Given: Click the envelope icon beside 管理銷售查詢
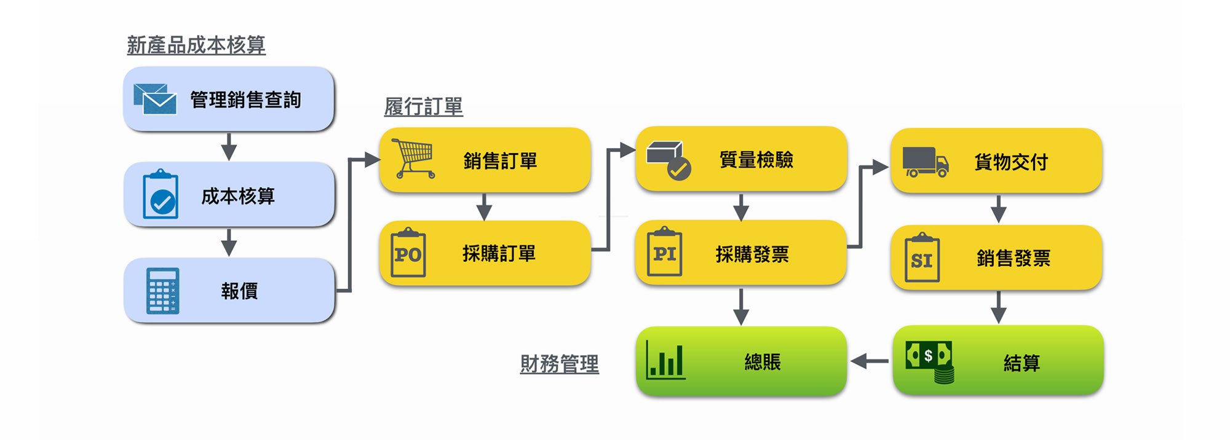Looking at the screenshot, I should tap(155, 99).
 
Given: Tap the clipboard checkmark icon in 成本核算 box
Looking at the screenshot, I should tap(161, 194).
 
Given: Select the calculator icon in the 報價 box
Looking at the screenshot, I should tap(163, 291).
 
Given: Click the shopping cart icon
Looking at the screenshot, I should tap(414, 159).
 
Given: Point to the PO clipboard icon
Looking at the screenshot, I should tap(408, 253).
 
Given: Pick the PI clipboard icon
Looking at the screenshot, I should tap(664, 252).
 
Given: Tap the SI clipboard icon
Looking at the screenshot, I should tap(921, 258).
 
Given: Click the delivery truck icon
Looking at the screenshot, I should tap(925, 162).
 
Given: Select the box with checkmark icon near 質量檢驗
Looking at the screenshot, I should tap(669, 160).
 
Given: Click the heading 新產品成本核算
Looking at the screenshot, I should tap(196, 45).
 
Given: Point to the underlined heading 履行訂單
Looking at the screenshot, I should tap(423, 107).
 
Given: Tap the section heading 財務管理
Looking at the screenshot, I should tap(559, 364).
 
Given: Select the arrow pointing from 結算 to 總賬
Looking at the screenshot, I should tap(869, 361).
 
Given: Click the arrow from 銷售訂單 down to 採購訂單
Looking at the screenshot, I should tap(484, 206).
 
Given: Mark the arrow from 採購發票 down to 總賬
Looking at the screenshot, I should tap(741, 305).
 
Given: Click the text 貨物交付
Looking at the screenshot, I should tap(1010, 162).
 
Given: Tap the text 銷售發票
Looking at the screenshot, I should tap(1013, 259).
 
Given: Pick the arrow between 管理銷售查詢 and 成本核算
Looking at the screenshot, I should tap(229, 146).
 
